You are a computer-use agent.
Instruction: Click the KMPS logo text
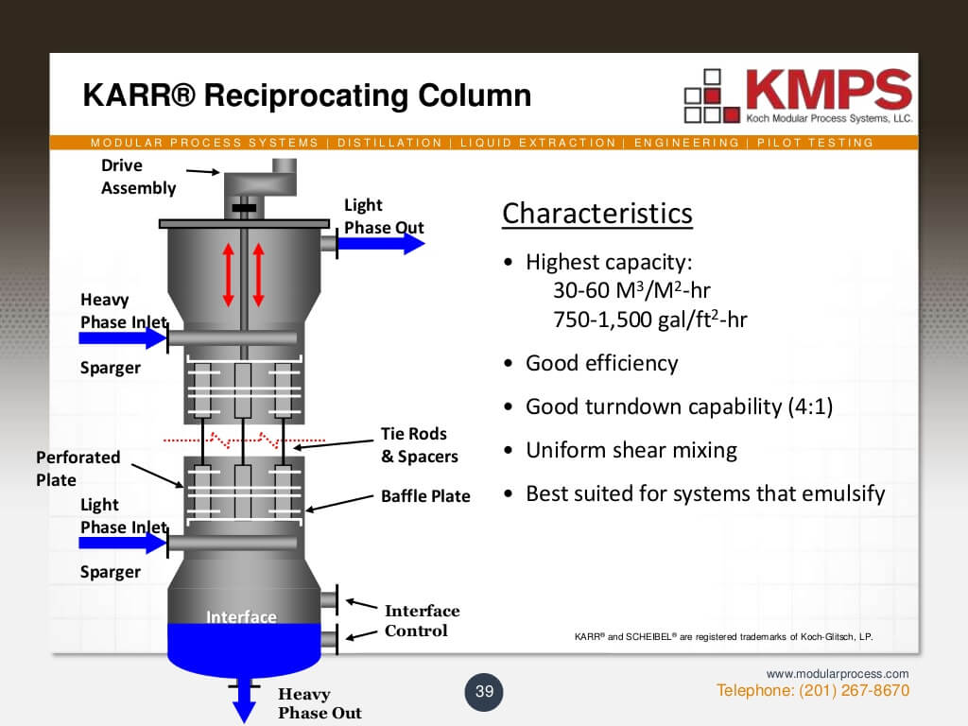pos(828,89)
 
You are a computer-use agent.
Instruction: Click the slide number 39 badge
pos(485,691)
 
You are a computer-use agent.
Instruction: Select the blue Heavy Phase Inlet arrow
pos(122,337)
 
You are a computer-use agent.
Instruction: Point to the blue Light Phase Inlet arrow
pos(122,543)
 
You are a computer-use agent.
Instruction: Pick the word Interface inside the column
pos(241,617)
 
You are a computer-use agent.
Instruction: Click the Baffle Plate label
pos(425,496)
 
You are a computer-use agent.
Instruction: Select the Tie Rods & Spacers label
pos(419,445)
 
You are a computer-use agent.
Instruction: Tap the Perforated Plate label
pos(78,468)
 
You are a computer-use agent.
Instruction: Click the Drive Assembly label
pos(138,177)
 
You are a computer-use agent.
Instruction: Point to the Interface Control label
pos(422,621)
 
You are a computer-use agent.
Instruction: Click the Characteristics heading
pos(596,214)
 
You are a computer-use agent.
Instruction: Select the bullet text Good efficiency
pos(601,363)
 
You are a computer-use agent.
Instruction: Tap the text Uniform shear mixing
pos(631,450)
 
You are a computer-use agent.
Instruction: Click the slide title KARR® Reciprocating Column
pos(307,95)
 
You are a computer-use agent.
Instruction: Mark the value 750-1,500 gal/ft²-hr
pos(650,319)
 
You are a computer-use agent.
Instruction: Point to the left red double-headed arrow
pos(228,273)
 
